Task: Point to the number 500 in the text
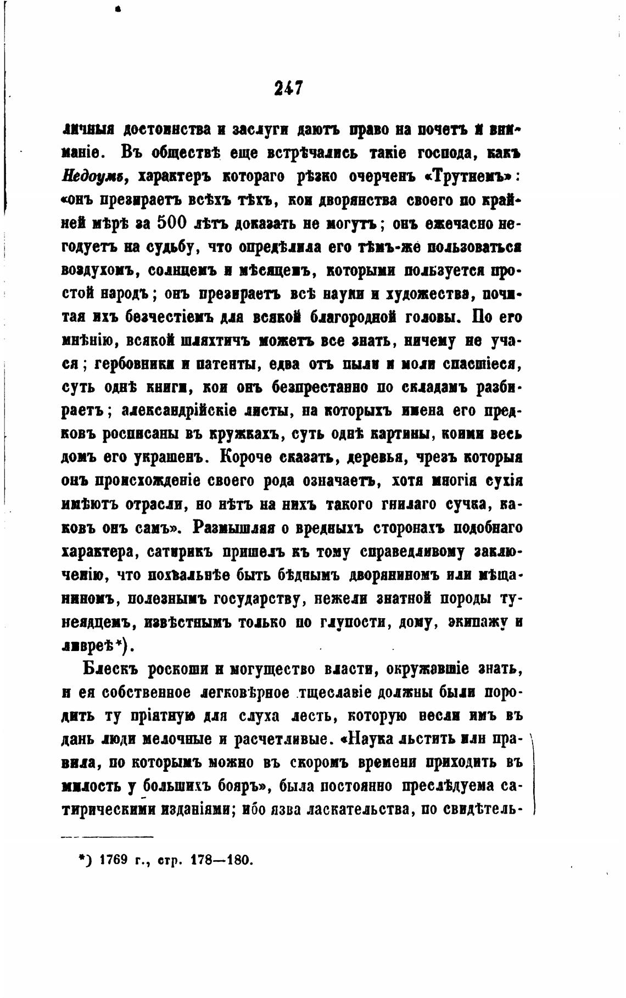pyautogui.click(x=174, y=224)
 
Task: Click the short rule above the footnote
pyautogui.click(x=107, y=837)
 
